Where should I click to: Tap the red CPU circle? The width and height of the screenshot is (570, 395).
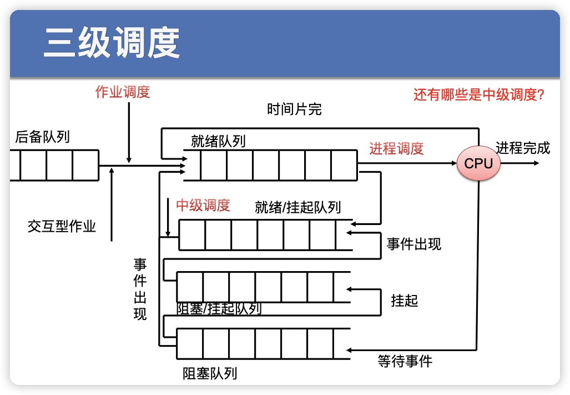pos(478,163)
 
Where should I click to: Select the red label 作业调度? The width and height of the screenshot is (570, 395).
pos(123,92)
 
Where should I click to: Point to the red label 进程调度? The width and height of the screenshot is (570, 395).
pos(396,148)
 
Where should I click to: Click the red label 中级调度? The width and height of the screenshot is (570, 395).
pos(203,206)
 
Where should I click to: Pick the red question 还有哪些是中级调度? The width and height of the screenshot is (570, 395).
pos(478,94)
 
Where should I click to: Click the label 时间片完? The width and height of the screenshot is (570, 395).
pos(294,109)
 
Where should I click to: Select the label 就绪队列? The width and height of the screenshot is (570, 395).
pos(218,141)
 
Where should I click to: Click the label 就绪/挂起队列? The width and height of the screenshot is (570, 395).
pos(297,208)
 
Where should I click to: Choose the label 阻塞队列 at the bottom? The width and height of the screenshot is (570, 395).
pos(210,373)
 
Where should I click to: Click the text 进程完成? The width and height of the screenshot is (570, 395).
pos(523,148)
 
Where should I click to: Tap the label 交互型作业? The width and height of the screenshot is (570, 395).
pos(62,227)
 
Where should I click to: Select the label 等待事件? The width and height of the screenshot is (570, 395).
pos(405,361)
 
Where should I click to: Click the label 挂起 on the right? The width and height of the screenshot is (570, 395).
pos(405,301)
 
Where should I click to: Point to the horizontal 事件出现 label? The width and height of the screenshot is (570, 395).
pos(414,244)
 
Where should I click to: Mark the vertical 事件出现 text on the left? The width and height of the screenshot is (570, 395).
pos(140,289)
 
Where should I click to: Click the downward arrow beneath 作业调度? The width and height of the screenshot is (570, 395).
pos(129,133)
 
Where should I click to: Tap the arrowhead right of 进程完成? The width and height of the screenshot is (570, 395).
pos(535,163)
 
